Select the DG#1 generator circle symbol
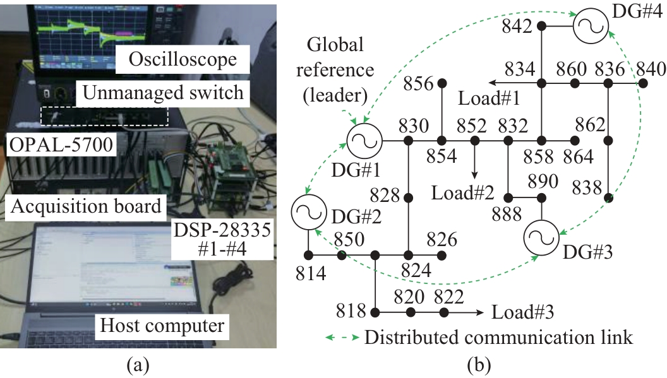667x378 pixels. [x=364, y=140]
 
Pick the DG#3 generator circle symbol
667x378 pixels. [x=541, y=239]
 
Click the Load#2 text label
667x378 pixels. [x=462, y=192]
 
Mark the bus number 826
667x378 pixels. [x=442, y=240]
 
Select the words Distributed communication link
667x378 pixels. [x=498, y=337]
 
